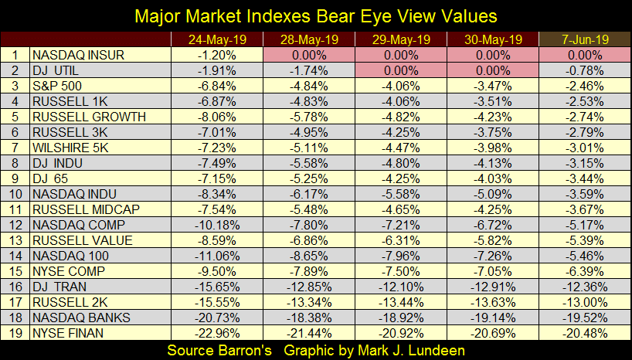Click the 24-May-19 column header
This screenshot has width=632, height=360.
[x=216, y=40]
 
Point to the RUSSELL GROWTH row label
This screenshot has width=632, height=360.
[x=88, y=117]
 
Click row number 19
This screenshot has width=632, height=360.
[x=15, y=332]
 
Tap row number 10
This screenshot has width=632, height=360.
[x=15, y=194]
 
